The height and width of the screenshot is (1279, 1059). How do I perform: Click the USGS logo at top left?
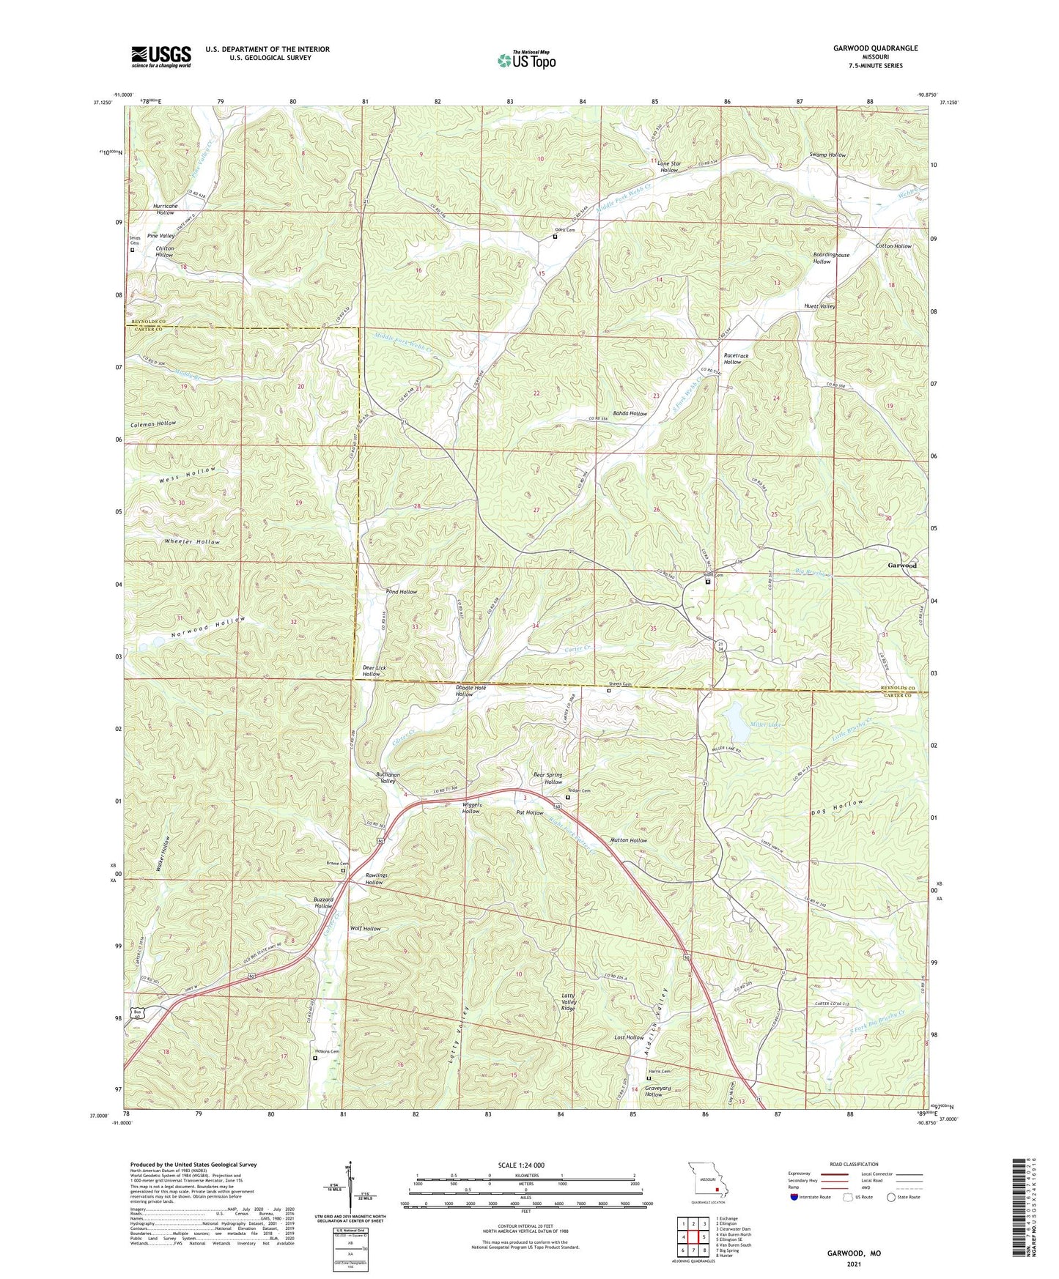(x=161, y=56)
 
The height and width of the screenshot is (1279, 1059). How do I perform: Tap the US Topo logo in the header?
(x=526, y=60)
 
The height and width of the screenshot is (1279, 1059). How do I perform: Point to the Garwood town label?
(x=901, y=566)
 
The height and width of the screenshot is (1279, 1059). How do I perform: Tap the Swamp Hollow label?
(x=827, y=155)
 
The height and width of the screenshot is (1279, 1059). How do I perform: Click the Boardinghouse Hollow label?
(x=830, y=258)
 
